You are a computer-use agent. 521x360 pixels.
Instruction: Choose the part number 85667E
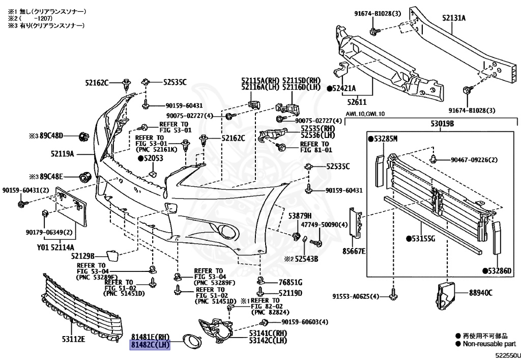point(355,251)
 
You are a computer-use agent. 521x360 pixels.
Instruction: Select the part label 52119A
point(63,153)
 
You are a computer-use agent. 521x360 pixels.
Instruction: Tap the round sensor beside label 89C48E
point(84,177)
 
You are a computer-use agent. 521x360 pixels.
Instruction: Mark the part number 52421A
point(344,88)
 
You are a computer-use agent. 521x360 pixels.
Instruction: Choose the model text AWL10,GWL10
point(365,114)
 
